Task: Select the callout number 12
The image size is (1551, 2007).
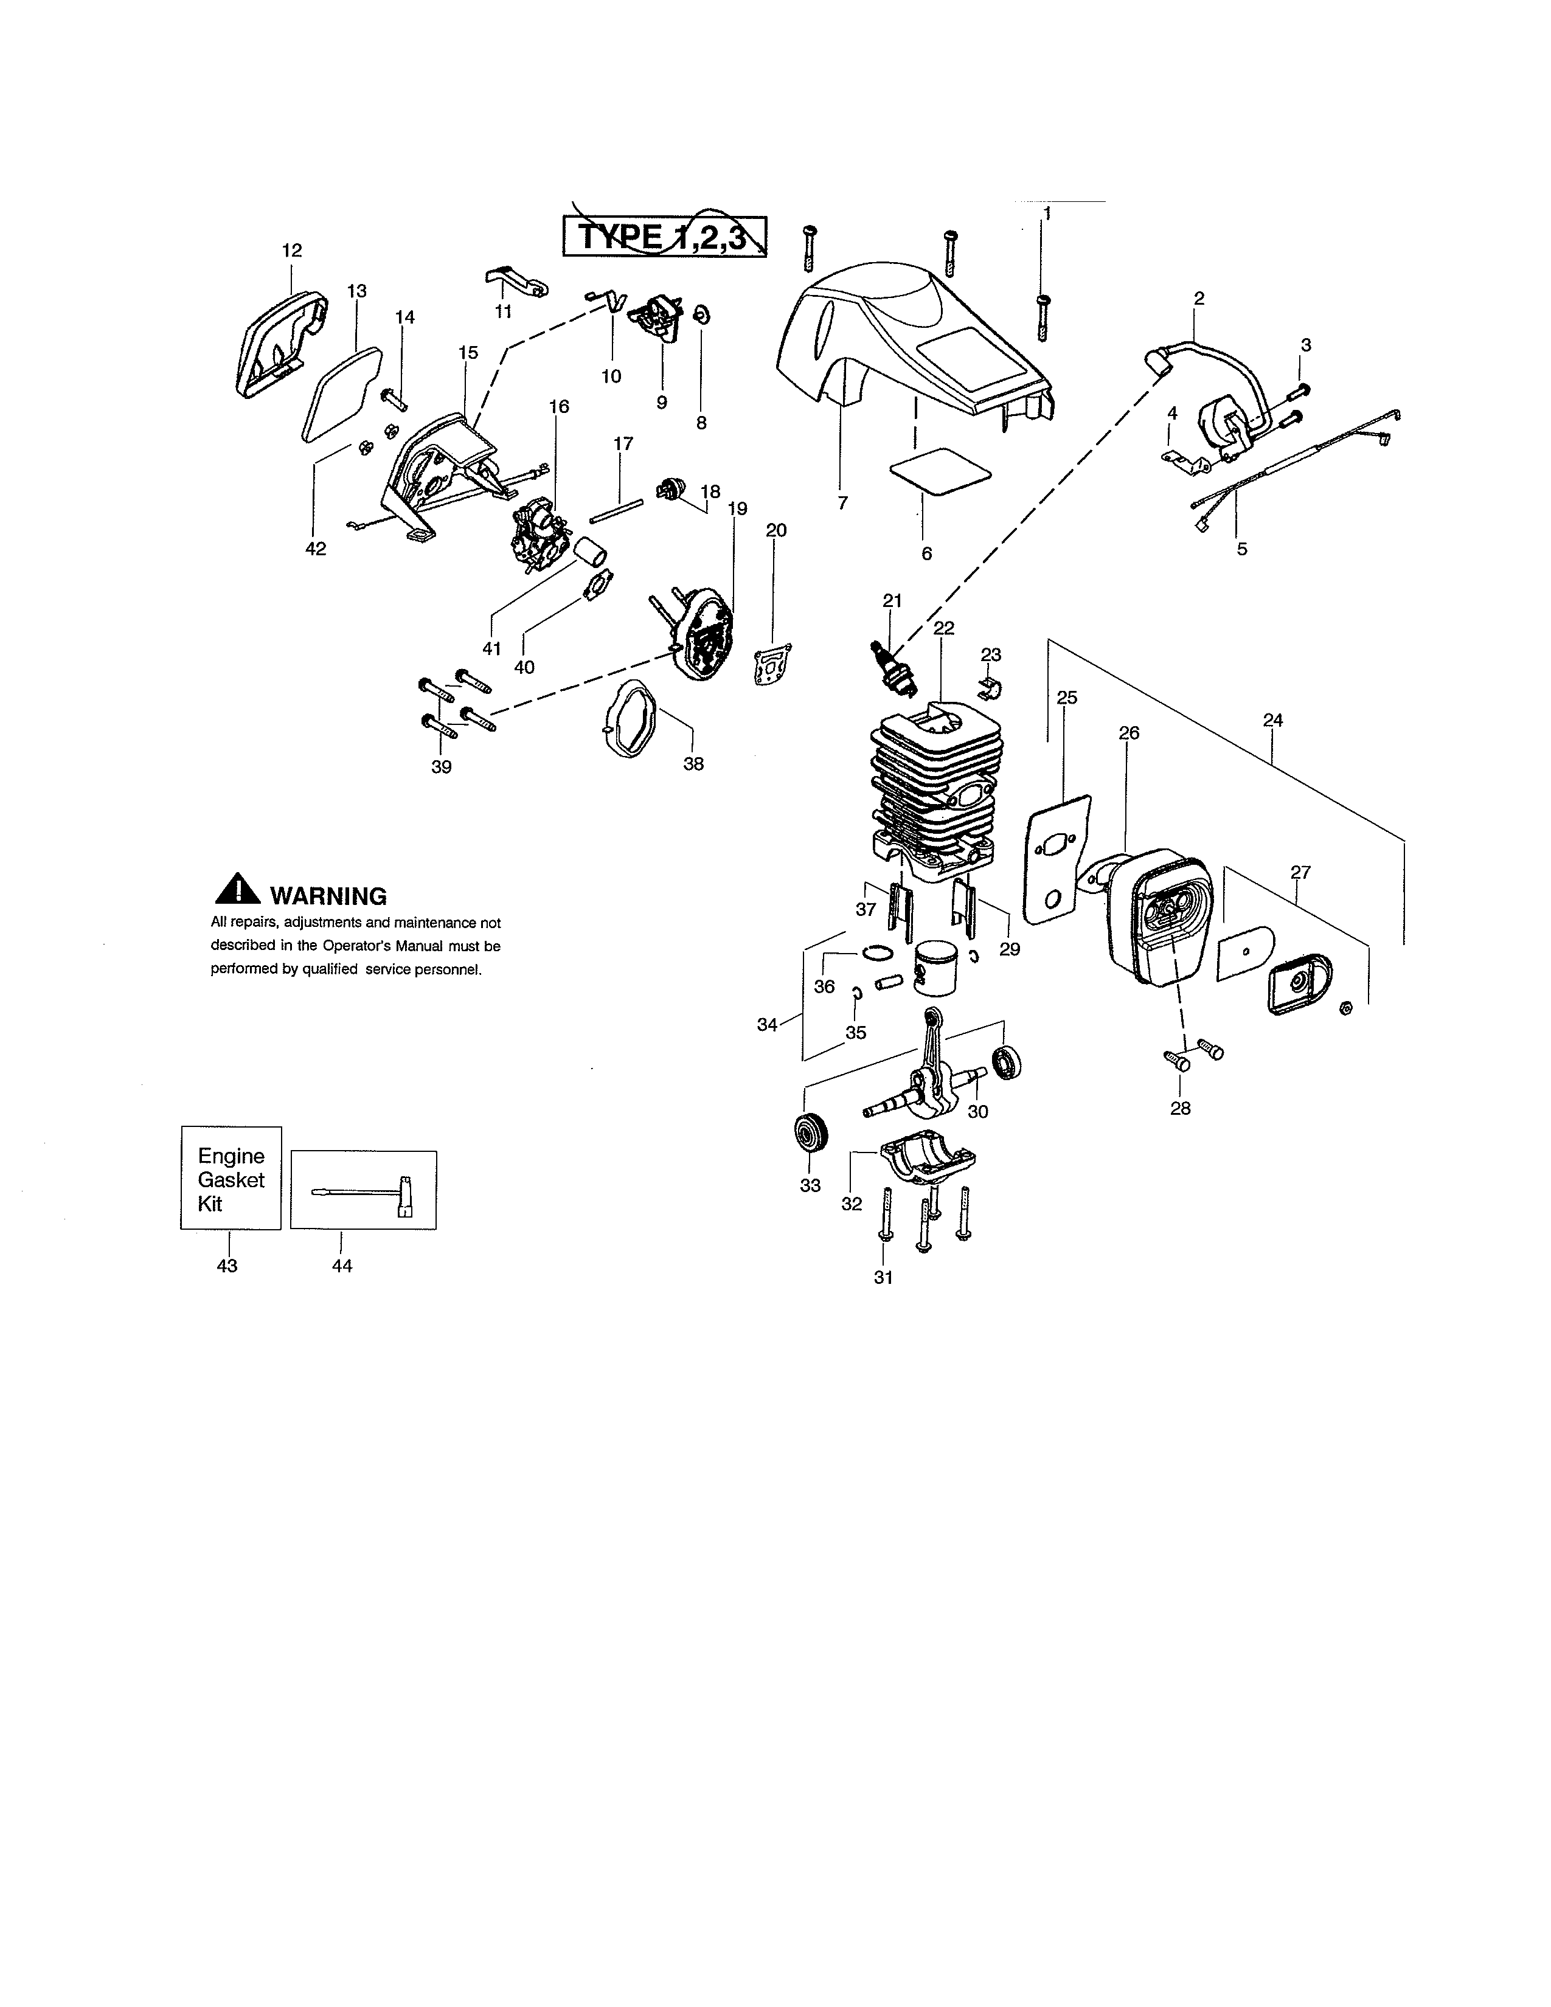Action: pos(291,250)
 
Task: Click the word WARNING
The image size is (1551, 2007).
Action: pos(328,896)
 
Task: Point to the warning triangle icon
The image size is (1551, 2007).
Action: pos(237,889)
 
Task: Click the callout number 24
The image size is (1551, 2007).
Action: pos(1272,721)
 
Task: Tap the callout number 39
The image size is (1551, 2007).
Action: pos(441,766)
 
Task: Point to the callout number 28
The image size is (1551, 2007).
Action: pos(1180,1108)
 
